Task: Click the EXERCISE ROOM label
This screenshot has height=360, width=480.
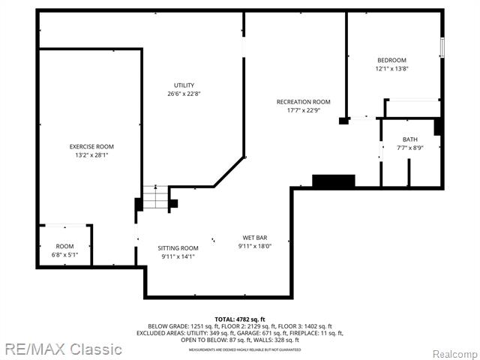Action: [x=91, y=146]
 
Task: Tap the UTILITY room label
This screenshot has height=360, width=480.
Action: [x=184, y=85]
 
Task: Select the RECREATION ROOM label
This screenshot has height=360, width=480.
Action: [x=303, y=102]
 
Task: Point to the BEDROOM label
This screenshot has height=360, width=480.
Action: [x=391, y=60]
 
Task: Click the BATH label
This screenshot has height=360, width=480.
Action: [x=409, y=139]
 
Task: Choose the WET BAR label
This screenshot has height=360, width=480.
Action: [x=254, y=238]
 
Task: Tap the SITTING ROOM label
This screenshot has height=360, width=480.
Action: [x=178, y=247]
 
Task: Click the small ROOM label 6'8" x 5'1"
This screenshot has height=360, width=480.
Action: [x=64, y=246]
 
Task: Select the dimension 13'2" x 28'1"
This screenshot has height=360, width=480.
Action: [x=91, y=156]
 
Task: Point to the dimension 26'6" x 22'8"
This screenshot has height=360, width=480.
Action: [x=184, y=94]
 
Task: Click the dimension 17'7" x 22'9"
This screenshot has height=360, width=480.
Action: [x=303, y=111]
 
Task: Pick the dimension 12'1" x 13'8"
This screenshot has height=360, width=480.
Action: [x=391, y=69]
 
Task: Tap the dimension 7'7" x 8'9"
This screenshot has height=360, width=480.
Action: [x=409, y=148]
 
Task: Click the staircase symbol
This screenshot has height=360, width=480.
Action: [x=155, y=198]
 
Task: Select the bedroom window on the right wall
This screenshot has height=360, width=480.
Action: [x=442, y=46]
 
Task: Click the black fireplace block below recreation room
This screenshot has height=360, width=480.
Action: [x=333, y=181]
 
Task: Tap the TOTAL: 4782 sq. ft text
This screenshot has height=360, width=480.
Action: [x=239, y=319]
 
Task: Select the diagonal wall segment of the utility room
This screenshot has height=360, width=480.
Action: [x=229, y=172]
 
